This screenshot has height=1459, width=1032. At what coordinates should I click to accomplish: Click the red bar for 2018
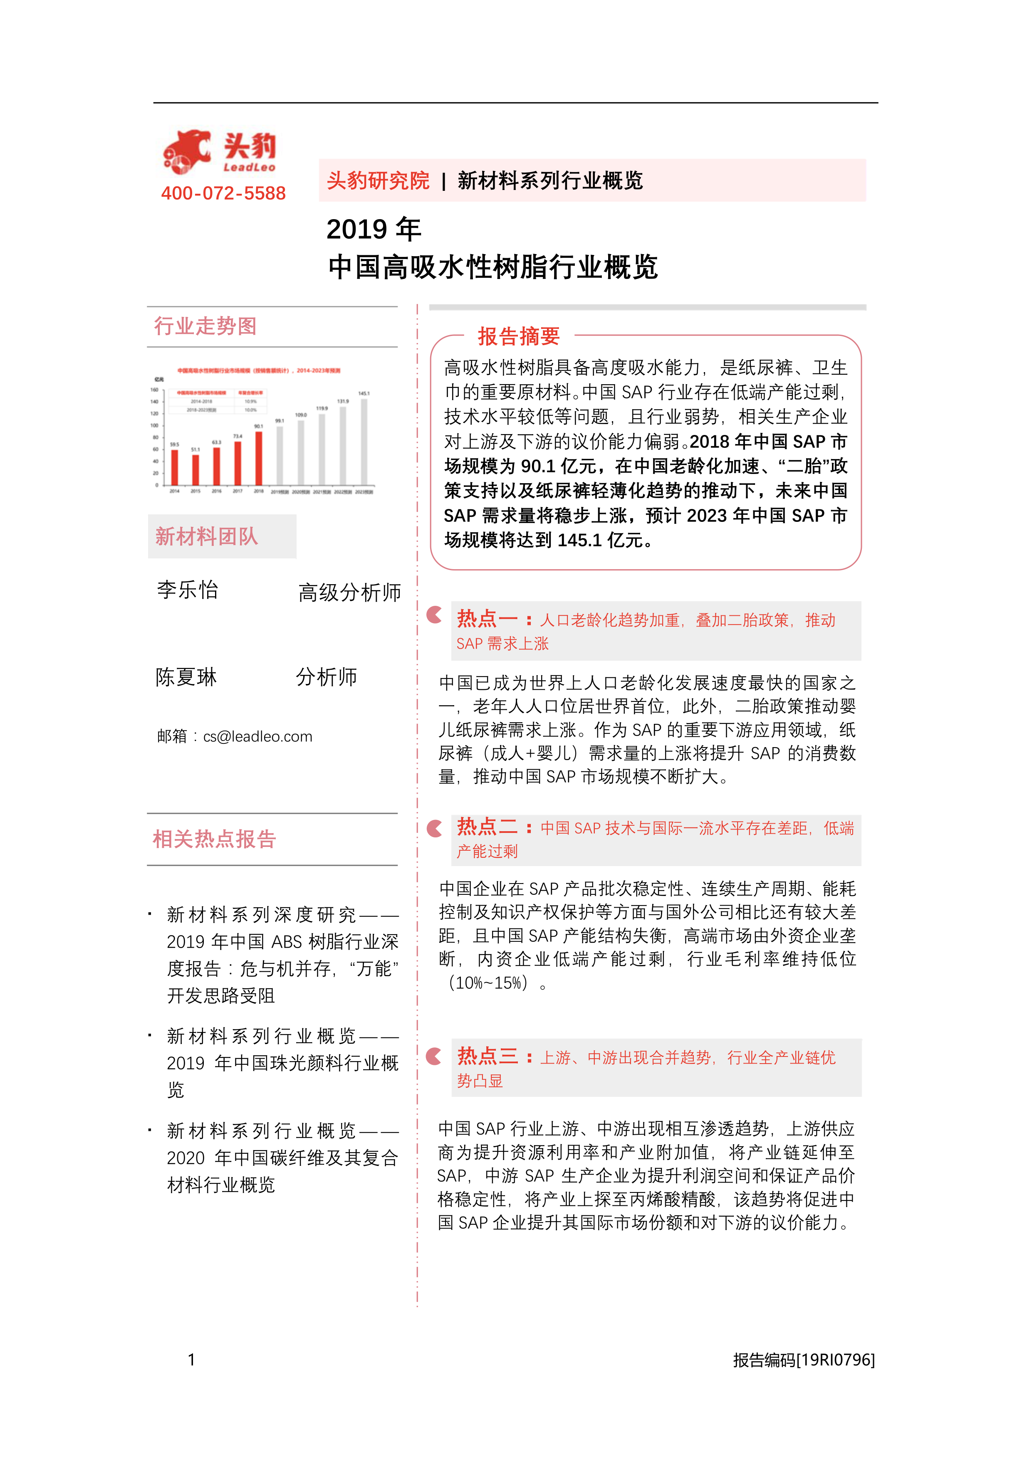tap(259, 458)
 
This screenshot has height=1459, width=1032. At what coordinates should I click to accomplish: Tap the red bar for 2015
tap(196, 469)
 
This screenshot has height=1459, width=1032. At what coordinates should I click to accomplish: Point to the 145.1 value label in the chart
tap(364, 393)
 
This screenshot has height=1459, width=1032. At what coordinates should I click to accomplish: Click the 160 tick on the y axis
tap(154, 390)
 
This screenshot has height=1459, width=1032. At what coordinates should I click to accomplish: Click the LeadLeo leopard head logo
tap(186, 151)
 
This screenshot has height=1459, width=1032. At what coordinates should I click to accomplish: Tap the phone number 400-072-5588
tap(223, 193)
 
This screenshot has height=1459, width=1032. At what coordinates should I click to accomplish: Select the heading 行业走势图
tap(205, 326)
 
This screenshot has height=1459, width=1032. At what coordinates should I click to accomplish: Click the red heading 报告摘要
tap(519, 336)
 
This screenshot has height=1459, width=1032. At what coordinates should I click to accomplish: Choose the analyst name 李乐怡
tap(188, 590)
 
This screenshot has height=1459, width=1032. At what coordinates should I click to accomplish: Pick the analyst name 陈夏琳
tap(186, 677)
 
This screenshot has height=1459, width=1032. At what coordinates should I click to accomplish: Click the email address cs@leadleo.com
tap(257, 736)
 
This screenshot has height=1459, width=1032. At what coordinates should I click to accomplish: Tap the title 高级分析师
tap(350, 592)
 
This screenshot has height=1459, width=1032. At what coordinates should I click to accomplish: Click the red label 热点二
tap(487, 827)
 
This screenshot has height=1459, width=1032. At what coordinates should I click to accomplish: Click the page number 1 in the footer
tap(191, 1360)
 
